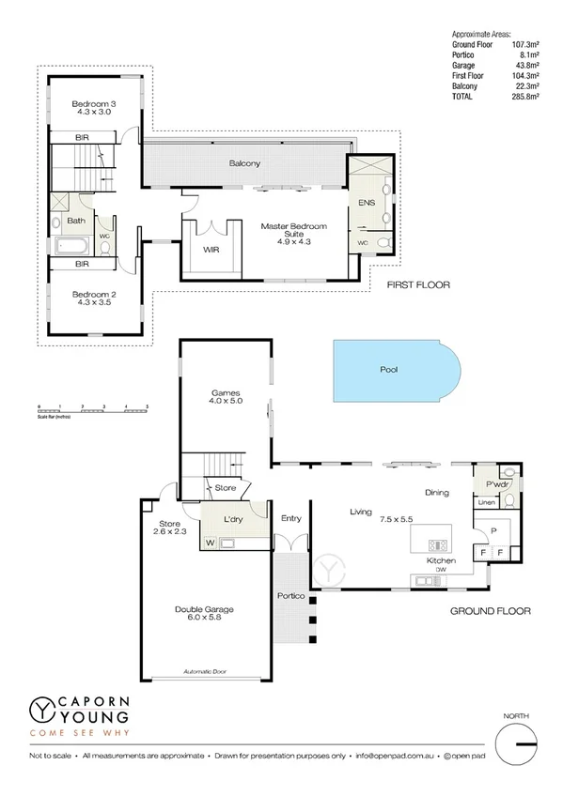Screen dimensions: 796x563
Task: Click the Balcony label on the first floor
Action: (244, 163)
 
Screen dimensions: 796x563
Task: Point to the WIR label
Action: (211, 250)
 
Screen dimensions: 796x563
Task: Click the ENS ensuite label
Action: (366, 203)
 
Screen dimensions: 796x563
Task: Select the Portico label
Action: (290, 595)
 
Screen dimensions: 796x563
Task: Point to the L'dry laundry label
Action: (234, 519)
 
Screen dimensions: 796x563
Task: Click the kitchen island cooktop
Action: (438, 544)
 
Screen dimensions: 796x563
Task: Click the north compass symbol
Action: (516, 745)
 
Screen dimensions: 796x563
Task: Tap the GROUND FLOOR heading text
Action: (489, 611)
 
